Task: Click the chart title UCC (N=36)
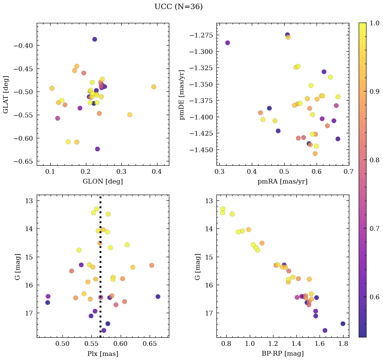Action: point(178,7)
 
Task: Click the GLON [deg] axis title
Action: point(102,182)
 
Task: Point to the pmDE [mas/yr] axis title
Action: point(182,95)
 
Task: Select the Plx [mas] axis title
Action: point(102,354)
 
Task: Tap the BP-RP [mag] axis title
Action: point(283,354)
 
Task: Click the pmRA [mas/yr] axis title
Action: point(283,182)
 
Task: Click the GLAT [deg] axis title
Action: point(6,94)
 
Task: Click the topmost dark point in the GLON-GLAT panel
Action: point(95,39)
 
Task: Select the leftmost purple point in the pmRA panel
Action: point(228,43)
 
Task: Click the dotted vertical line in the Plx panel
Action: point(100,270)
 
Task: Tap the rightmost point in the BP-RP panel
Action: point(343,324)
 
